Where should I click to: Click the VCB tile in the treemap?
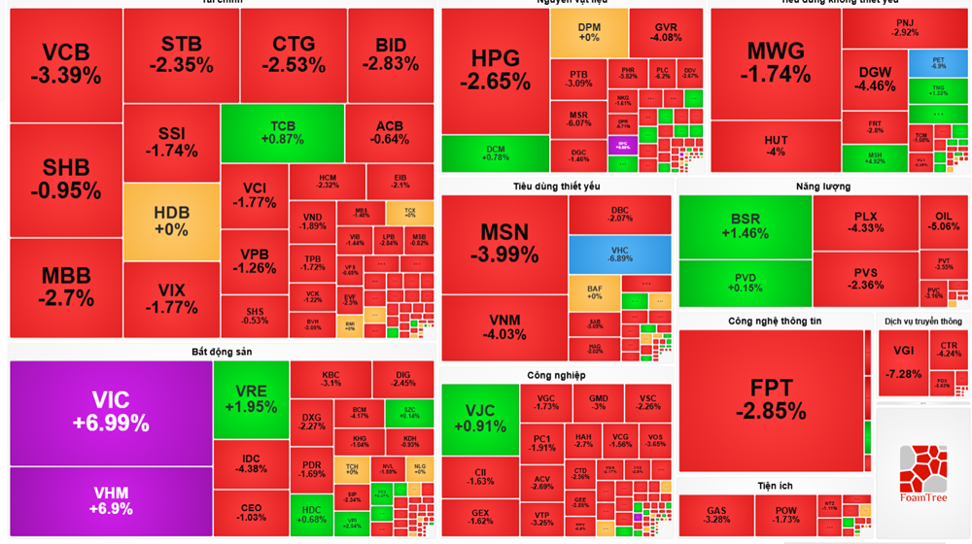coord(65,64)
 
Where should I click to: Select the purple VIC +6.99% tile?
coord(110,412)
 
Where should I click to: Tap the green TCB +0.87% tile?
coord(282,133)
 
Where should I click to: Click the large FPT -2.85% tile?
coord(771,399)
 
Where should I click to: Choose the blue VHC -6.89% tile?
coord(619,255)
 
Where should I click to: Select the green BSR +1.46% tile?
coord(745,226)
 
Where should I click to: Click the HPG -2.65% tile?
coord(495,70)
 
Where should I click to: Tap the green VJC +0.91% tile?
coord(479,419)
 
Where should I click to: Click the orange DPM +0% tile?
coord(588,32)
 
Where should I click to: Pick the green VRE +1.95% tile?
coord(250,398)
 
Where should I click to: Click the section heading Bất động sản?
coord(222,351)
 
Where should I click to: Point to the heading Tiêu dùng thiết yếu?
coord(557,186)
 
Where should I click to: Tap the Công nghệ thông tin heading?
coord(774,321)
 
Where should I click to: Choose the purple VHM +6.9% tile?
coord(110,500)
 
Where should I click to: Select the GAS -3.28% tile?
coord(716,515)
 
